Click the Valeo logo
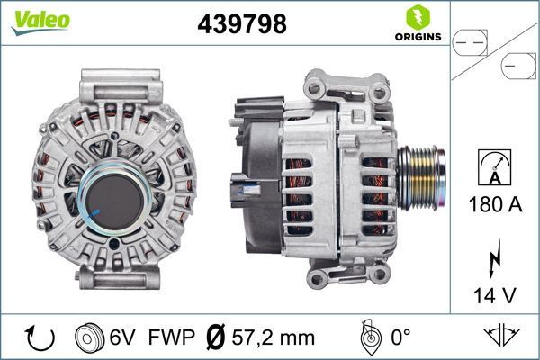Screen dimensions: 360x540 click(x=40, y=22)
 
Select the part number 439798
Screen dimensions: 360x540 click(x=241, y=25)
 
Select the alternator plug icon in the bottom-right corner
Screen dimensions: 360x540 click(x=501, y=336)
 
